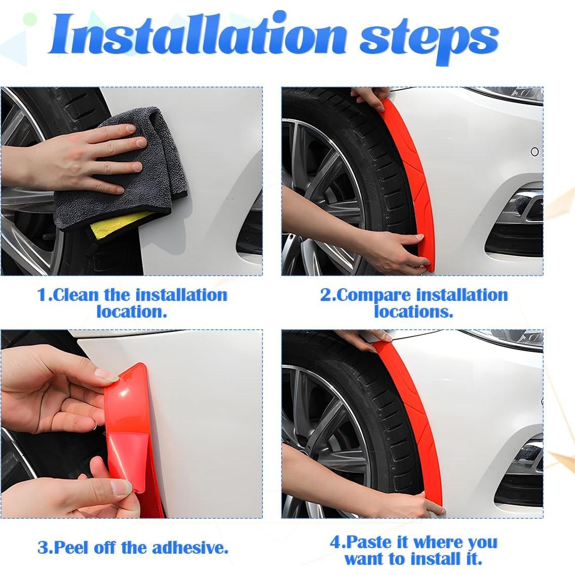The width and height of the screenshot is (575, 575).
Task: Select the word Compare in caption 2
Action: [374, 296]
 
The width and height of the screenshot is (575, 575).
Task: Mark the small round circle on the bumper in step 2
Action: [534, 151]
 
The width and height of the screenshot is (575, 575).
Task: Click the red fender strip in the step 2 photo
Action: [411, 176]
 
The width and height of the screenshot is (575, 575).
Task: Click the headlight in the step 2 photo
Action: [506, 95]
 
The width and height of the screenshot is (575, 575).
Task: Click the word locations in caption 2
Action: [413, 312]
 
